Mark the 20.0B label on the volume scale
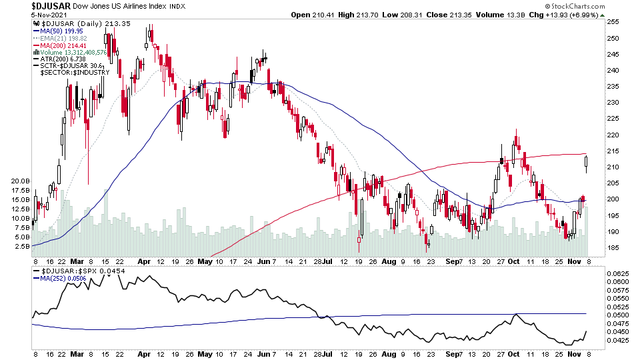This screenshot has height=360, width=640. [x=20, y=181]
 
